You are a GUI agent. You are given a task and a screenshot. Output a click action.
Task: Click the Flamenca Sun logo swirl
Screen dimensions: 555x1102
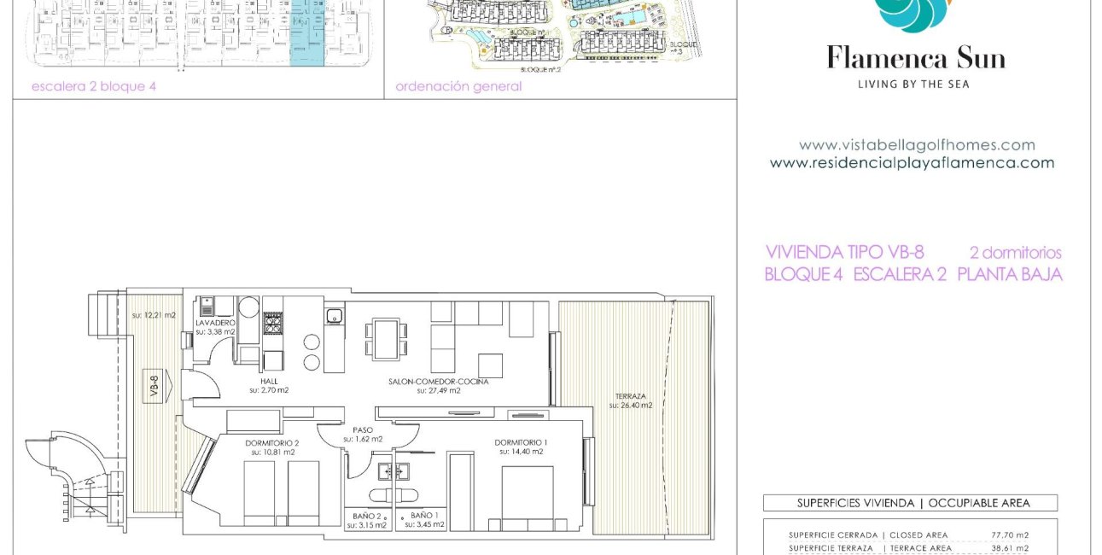[x=914, y=14]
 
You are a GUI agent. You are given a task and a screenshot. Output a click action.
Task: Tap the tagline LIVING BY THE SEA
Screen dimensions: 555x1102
[x=913, y=84]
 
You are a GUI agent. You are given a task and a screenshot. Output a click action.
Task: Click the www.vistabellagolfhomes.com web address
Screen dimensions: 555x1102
[x=916, y=145]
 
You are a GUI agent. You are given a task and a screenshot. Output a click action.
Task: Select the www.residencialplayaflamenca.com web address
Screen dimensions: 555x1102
[x=912, y=163]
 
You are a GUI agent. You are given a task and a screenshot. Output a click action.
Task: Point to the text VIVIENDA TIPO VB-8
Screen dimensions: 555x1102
[x=844, y=253]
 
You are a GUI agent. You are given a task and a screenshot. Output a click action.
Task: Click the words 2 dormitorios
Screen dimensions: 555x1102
[x=1015, y=253]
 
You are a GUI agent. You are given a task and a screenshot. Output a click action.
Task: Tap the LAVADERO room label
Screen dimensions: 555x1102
[x=215, y=324]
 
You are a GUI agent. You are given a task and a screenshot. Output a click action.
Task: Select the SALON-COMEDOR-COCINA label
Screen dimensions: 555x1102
[x=439, y=382]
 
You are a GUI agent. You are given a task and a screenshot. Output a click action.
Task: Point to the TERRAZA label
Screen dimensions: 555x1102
[x=630, y=397]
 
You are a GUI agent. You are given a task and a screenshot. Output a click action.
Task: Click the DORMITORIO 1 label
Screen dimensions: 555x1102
[x=521, y=442]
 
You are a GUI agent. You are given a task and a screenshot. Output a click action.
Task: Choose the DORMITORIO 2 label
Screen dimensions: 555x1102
[x=272, y=442]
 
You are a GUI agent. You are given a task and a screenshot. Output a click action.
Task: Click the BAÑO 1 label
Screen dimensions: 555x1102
[x=424, y=516]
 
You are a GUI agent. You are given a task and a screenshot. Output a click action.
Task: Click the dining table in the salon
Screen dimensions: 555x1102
[x=385, y=339]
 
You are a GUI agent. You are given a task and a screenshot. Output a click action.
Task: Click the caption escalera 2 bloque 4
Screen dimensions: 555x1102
[x=94, y=86]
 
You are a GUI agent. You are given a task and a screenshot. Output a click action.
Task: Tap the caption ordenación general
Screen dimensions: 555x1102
[x=458, y=86]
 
